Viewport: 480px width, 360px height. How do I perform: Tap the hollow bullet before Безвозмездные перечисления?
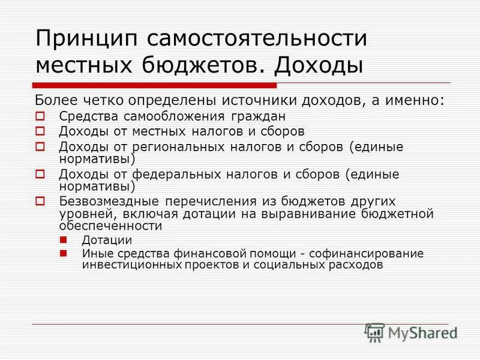pyautogui.click(x=40, y=201)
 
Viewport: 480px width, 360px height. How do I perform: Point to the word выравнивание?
pyautogui.click(x=319, y=214)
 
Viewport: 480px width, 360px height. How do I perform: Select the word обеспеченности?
pyautogui.click(x=111, y=226)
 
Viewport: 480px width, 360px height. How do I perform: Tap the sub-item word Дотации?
pyautogui.click(x=107, y=239)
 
